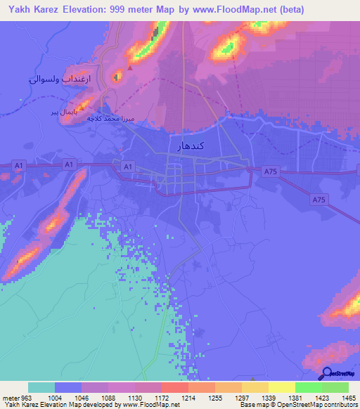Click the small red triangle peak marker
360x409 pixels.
point(129,69)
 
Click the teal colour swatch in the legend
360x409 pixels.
point(41,387)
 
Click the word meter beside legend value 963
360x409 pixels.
point(9,398)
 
